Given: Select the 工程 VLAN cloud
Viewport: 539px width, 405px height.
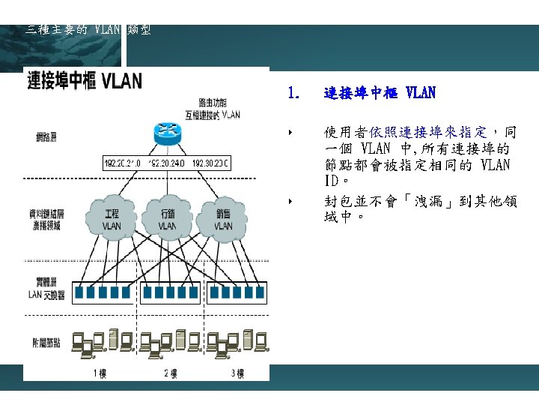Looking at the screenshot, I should (111, 217).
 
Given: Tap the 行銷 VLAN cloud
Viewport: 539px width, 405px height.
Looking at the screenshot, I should (167, 217).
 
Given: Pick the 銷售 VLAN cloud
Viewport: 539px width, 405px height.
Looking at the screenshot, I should (222, 217).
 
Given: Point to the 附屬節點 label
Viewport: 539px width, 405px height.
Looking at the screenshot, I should (46, 343).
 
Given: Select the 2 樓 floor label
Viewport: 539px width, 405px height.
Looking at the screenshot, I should (170, 373).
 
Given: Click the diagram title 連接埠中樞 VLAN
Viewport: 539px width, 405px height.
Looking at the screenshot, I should (85, 81).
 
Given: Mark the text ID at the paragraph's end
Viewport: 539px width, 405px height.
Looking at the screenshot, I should (332, 181).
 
